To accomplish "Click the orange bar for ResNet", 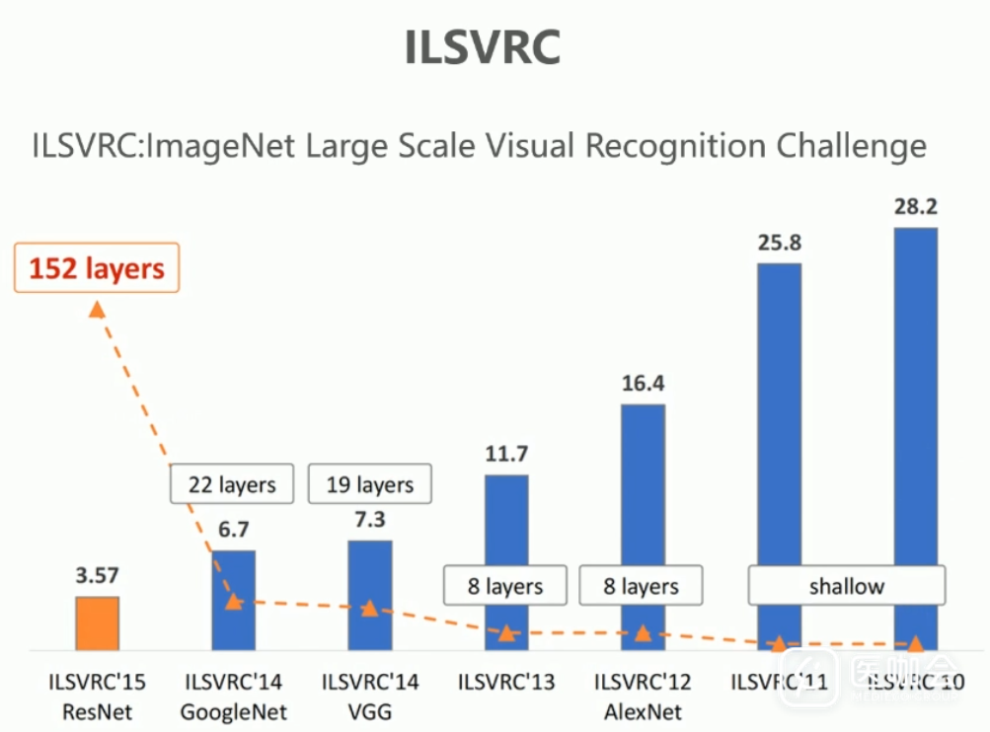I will point(98,622).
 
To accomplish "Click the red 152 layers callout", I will point(97,267).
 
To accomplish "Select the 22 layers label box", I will point(233,484).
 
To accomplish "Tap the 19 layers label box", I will point(370,484).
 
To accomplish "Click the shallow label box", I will point(846,586).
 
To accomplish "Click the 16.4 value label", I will point(643,384).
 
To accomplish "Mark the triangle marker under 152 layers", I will point(97,310).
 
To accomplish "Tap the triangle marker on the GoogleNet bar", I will point(233,601).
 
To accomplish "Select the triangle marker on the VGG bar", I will point(370,609).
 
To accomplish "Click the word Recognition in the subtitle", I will point(674,146).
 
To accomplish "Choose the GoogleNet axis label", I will point(233,710).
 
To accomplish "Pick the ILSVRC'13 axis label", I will point(506,682).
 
